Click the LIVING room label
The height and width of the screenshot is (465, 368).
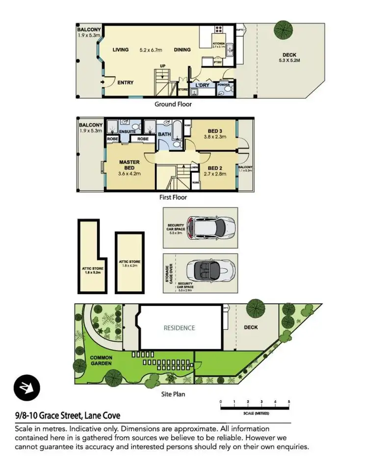(x=120, y=50)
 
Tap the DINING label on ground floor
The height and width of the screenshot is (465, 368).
(x=182, y=50)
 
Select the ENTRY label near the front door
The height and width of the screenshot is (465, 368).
(x=126, y=82)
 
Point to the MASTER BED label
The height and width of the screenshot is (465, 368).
(x=130, y=165)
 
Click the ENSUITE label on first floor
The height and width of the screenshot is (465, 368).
(x=127, y=131)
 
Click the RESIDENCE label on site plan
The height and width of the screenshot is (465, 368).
(x=179, y=328)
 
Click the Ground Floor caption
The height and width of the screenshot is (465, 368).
(x=173, y=104)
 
